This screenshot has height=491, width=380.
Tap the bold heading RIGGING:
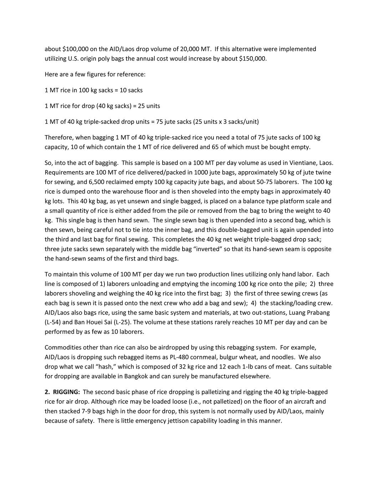click(x=66, y=392)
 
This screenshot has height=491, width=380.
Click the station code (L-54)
click(x=53, y=322)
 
